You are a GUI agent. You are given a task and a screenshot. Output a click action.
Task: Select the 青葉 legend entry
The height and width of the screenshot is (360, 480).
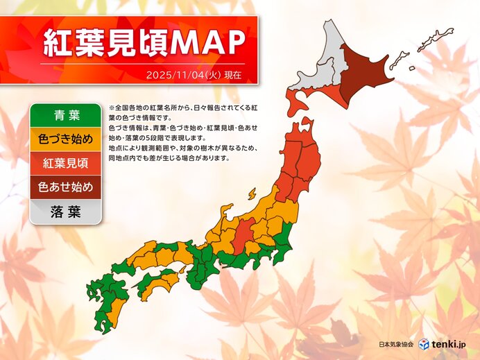point(66,115)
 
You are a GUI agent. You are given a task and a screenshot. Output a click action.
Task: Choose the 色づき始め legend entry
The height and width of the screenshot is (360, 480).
point(66,139)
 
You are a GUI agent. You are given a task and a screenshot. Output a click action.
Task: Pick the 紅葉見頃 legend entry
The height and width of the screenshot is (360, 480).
point(66,164)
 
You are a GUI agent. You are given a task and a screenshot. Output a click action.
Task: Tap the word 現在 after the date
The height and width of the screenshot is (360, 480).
point(232,74)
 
